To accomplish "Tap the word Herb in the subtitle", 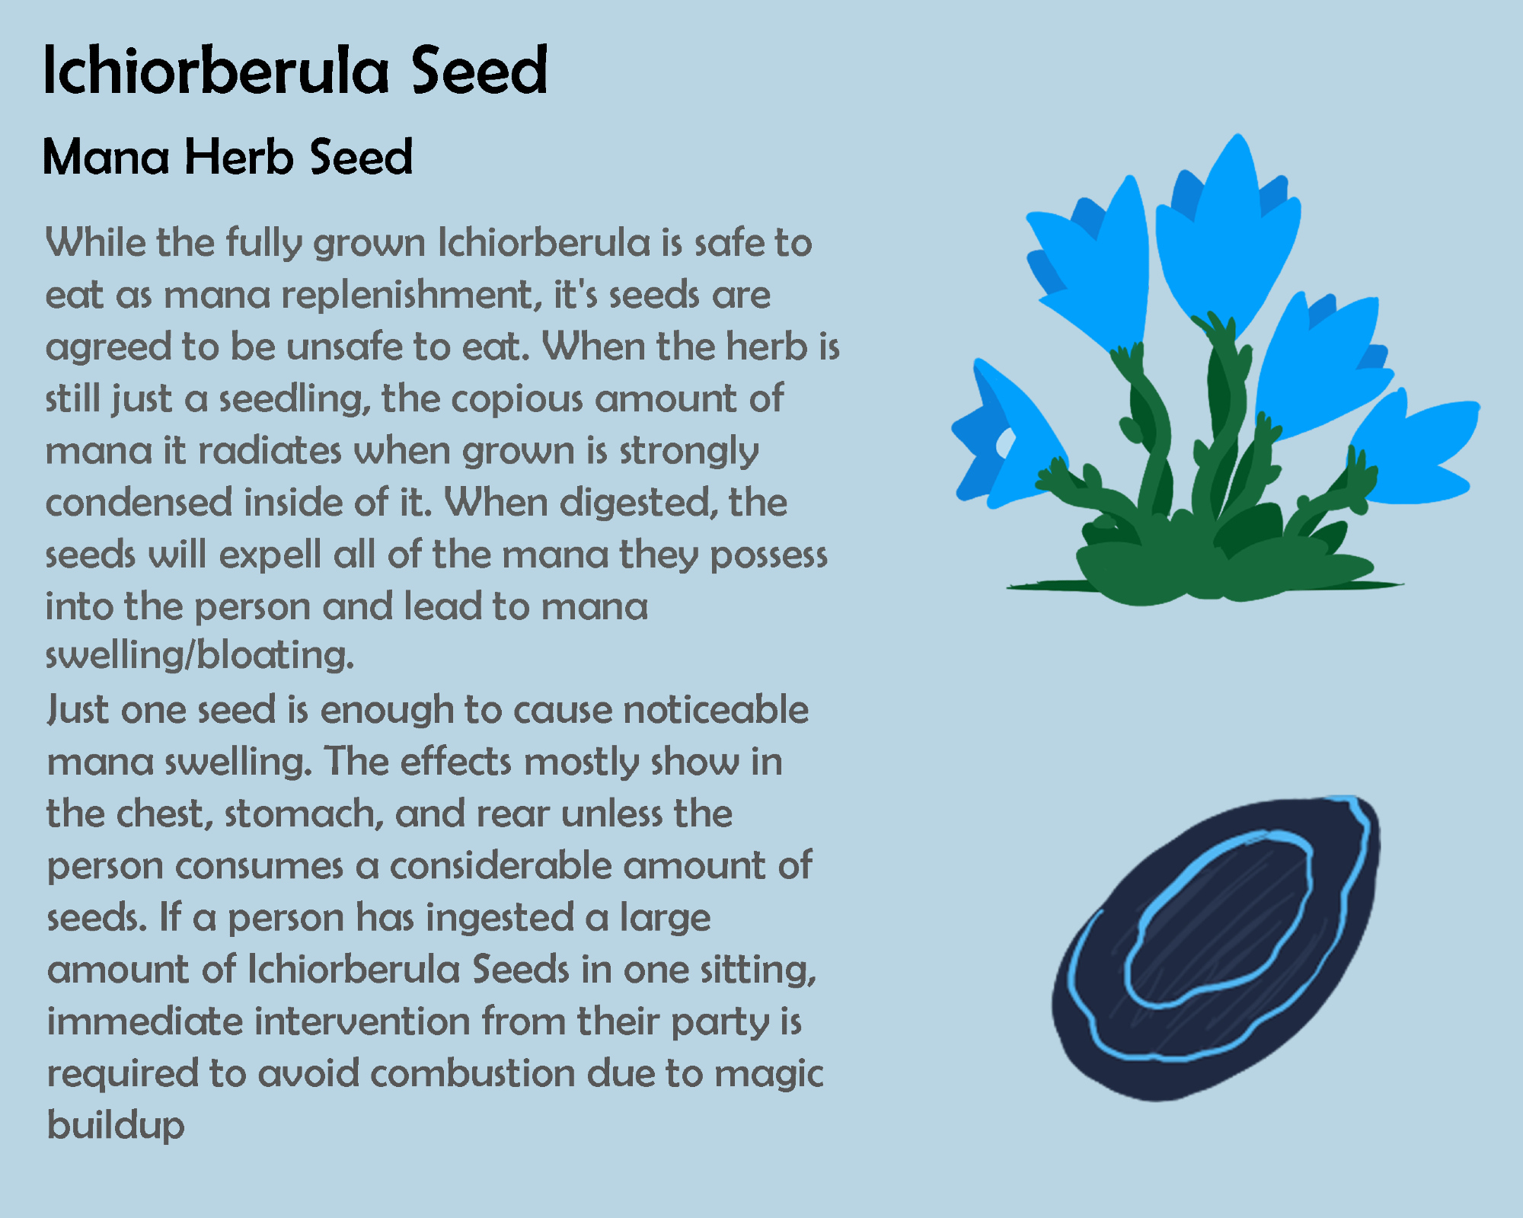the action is click(239, 157).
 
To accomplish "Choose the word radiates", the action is click(270, 451).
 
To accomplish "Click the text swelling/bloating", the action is click(200, 656).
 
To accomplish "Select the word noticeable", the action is click(716, 710).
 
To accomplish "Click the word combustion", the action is click(472, 1073).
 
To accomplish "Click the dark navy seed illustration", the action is click(1216, 948).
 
